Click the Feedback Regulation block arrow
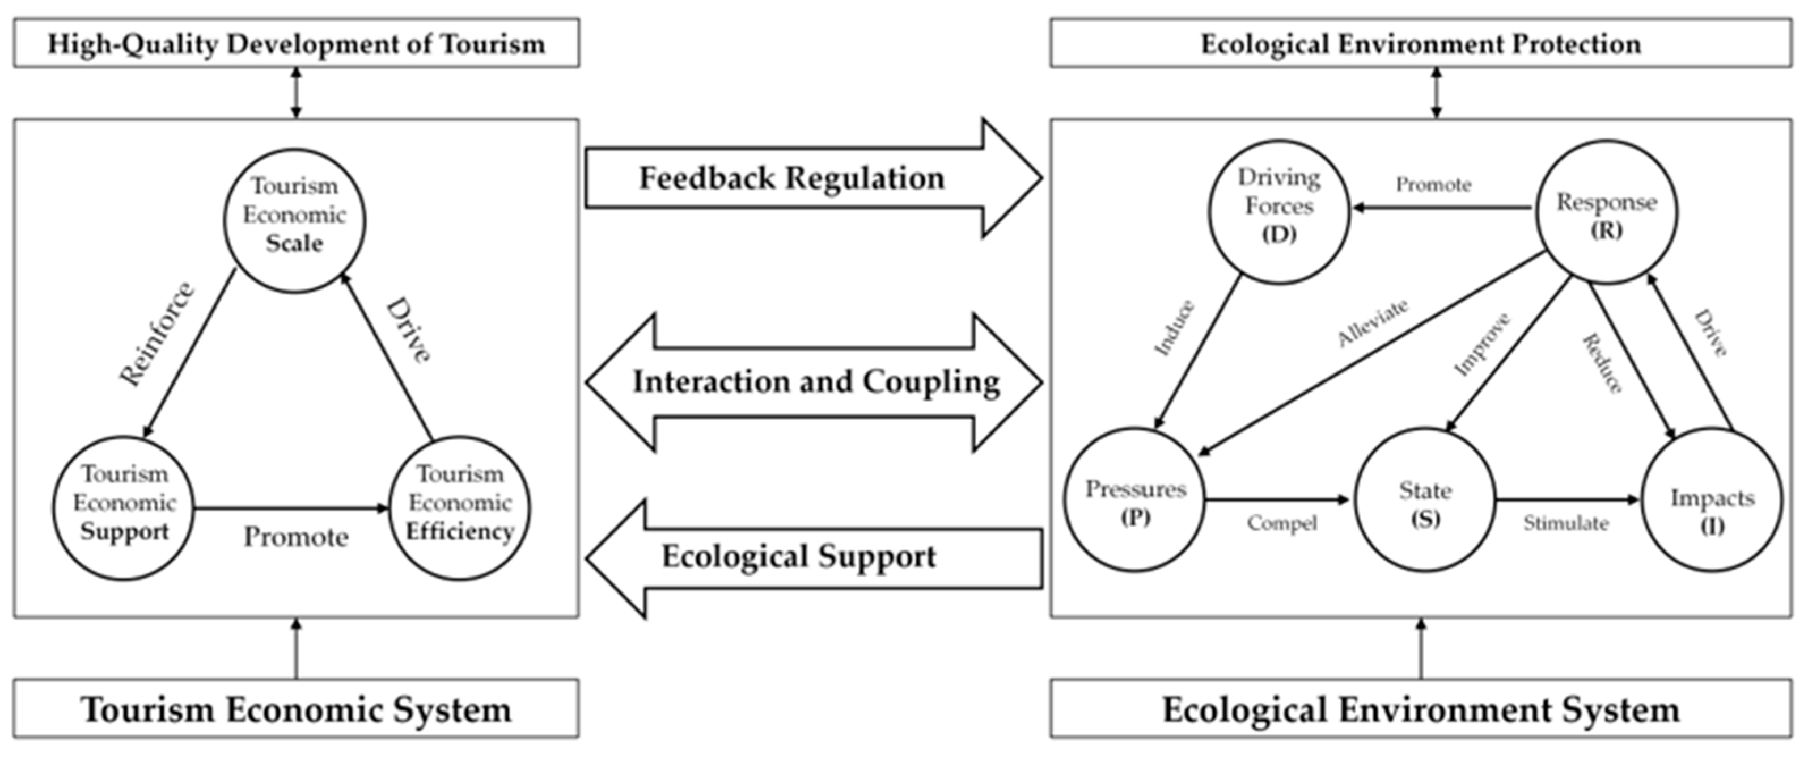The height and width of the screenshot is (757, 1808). pos(814,178)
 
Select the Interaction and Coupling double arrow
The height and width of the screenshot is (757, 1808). pos(814,382)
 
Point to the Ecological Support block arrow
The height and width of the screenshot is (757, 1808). pos(814,558)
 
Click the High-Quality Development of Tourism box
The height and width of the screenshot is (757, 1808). pos(296,44)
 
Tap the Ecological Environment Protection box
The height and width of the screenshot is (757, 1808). pos(1421,44)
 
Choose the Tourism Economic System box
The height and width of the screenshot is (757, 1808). pos(296,709)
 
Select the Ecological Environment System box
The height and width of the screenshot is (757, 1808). pos(1421,709)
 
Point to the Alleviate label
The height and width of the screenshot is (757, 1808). pos(1373,322)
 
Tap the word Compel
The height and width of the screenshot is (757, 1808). pos(1282,524)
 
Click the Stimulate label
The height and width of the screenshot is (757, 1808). pos(1566,523)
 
